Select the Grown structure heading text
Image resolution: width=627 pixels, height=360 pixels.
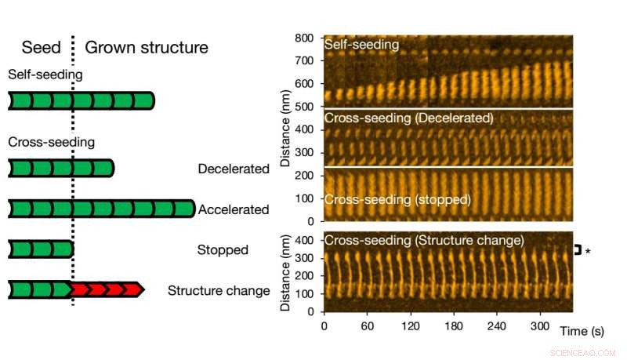(x=147, y=47)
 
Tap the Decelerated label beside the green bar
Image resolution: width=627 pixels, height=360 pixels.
(x=234, y=169)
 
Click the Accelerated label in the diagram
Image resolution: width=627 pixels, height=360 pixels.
(x=234, y=209)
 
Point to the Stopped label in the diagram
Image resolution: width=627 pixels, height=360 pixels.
(x=223, y=250)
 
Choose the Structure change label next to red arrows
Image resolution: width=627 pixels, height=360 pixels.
(x=219, y=291)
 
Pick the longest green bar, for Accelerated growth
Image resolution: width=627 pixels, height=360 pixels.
(x=101, y=209)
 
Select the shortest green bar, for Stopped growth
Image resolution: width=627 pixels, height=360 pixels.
(x=41, y=249)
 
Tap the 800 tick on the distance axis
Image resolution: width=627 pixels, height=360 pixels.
(x=304, y=38)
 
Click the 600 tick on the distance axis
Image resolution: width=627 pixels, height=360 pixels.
(x=304, y=83)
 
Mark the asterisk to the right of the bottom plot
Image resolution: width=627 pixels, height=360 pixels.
(x=588, y=251)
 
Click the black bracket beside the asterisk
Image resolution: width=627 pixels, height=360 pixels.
(x=578, y=250)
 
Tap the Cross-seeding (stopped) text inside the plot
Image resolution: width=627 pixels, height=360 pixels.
(x=397, y=199)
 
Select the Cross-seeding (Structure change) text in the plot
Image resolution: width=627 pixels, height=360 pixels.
(x=424, y=239)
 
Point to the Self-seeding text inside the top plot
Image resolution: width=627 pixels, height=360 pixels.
(x=361, y=45)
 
